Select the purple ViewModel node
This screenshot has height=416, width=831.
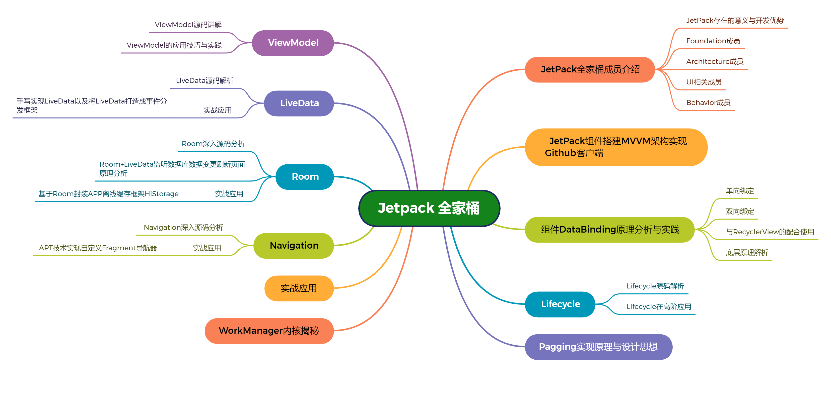click(293, 43)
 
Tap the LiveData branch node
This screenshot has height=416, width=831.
click(299, 103)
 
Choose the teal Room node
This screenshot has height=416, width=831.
click(305, 177)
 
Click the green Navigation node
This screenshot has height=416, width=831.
click(294, 246)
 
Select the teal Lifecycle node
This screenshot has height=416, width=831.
click(560, 304)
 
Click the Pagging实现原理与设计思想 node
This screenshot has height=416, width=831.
click(598, 347)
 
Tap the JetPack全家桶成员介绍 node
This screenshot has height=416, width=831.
click(590, 69)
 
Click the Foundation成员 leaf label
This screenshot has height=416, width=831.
click(713, 41)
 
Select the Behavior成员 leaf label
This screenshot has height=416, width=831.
click(708, 102)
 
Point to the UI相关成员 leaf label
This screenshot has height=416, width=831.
click(704, 82)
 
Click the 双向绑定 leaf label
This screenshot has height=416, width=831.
click(740, 212)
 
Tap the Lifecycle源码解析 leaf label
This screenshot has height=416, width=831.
click(655, 286)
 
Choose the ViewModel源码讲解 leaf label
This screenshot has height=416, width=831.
click(188, 25)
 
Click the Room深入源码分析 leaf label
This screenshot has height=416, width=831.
click(213, 144)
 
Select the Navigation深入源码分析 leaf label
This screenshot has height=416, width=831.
click(183, 228)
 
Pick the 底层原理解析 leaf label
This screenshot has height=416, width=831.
click(746, 253)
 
